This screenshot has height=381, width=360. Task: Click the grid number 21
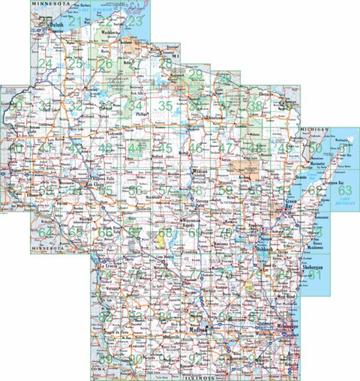pos(75,22)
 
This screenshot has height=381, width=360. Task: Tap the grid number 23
pos(134,22)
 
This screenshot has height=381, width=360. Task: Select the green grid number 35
pos(165,106)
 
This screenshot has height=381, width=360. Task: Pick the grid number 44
pos(134,148)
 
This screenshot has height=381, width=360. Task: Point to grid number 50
pos(316,148)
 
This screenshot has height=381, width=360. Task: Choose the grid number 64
pos(46,232)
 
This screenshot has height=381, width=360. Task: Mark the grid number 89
pos(106,358)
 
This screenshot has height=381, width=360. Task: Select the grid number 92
pos(196,358)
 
